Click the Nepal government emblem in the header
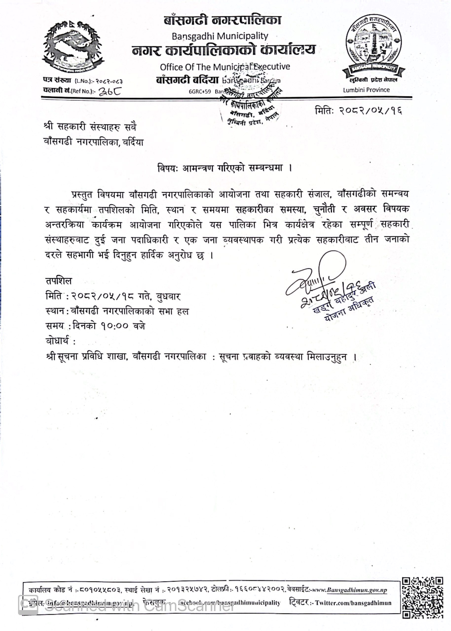pos(73,46)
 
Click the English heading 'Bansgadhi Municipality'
pos(220,36)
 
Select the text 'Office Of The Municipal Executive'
pos(225,67)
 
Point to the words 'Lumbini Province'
pos(366,90)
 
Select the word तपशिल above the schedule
pos(59,281)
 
